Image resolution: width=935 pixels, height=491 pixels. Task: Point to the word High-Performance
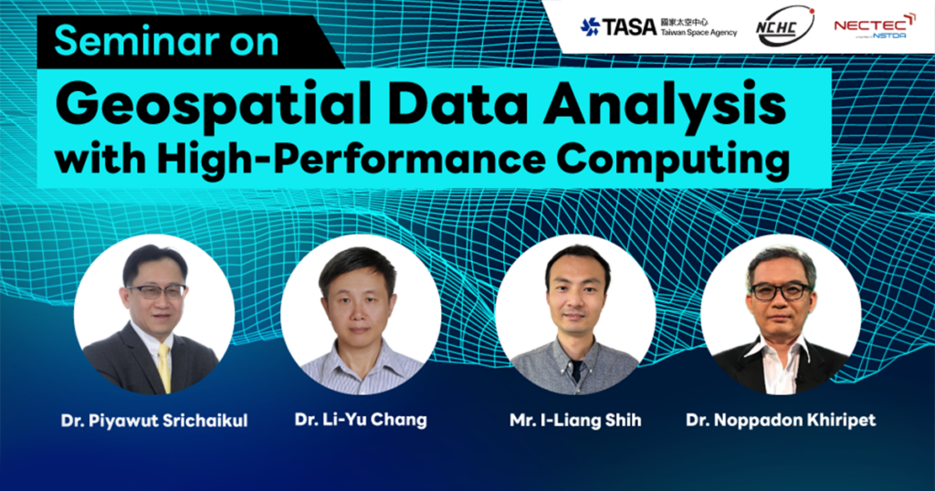[x=350, y=159]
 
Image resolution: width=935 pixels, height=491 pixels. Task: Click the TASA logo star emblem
[x=591, y=26]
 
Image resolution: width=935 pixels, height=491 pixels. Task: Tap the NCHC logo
[x=784, y=26]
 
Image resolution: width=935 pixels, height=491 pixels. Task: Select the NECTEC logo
[x=874, y=26]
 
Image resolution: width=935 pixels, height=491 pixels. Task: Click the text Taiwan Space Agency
[x=699, y=34]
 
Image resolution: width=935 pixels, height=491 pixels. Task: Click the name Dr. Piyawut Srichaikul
[x=153, y=421]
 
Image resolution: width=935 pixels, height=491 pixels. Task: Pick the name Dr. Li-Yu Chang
[x=361, y=420]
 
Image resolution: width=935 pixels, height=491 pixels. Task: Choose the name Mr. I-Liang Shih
[x=575, y=421]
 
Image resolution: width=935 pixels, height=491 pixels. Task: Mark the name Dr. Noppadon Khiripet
[x=781, y=420]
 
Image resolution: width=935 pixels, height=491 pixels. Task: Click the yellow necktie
[x=164, y=367]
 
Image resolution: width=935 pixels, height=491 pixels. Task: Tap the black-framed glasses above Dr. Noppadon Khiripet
[x=781, y=291]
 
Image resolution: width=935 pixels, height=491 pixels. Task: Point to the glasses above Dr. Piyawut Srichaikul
[x=156, y=291]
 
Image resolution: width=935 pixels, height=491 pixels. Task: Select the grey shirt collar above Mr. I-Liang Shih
[x=573, y=350]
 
